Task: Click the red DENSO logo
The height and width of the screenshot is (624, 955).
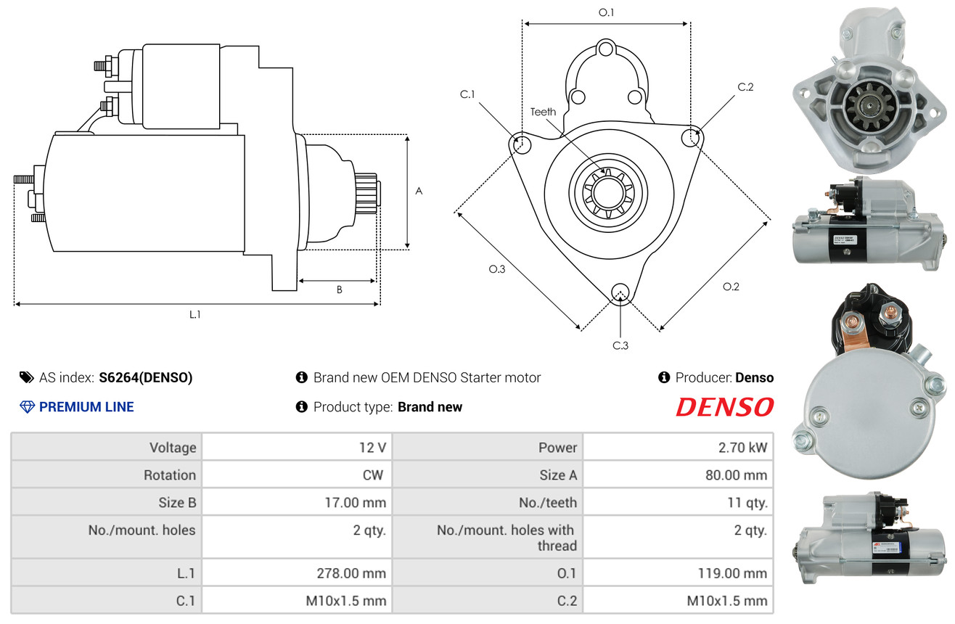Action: (725, 407)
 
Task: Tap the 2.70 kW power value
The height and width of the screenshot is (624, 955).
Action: (742, 448)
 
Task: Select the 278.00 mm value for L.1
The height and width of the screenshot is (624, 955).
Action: (351, 573)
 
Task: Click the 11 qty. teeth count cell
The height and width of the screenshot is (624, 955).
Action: (747, 503)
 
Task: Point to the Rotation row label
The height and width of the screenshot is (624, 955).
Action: (170, 475)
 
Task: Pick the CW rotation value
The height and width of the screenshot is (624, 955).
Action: (373, 475)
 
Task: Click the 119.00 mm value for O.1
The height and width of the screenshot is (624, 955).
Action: (732, 573)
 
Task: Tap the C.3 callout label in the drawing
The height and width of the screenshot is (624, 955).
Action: (620, 345)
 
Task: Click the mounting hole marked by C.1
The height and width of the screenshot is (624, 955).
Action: (520, 144)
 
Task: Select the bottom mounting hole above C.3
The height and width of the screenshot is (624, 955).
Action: (620, 293)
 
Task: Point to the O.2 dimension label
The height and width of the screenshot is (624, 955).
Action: (731, 287)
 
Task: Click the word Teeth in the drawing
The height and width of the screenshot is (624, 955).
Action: (543, 112)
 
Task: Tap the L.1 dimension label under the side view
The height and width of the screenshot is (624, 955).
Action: (194, 315)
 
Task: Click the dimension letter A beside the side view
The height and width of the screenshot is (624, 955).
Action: (419, 191)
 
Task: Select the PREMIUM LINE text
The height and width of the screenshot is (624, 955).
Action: (86, 407)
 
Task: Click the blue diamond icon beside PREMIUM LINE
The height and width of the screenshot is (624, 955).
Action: (28, 407)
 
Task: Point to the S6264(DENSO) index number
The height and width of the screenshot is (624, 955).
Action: (146, 377)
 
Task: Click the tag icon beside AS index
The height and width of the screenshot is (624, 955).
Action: (26, 377)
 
